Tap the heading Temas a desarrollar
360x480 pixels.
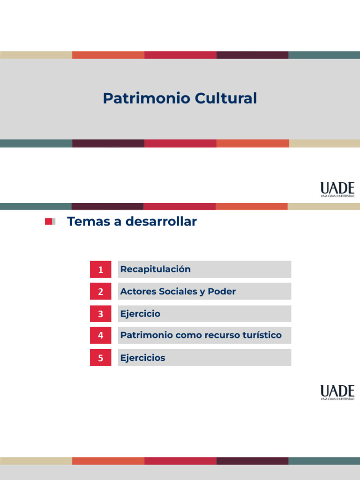coord(132,222)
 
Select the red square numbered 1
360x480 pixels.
coord(100,270)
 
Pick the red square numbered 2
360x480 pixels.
coord(100,292)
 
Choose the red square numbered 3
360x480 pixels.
coord(100,314)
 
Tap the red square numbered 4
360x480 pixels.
coord(100,336)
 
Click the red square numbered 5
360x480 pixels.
coord(100,358)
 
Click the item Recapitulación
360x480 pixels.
coord(156,270)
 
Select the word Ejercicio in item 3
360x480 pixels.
coord(140,314)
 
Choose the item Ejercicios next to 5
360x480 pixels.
coord(142,358)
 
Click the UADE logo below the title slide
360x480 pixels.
coord(337,189)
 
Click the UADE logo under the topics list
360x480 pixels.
coord(337,392)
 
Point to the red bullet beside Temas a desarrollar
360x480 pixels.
coord(49,222)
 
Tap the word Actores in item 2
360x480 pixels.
coord(137,292)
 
